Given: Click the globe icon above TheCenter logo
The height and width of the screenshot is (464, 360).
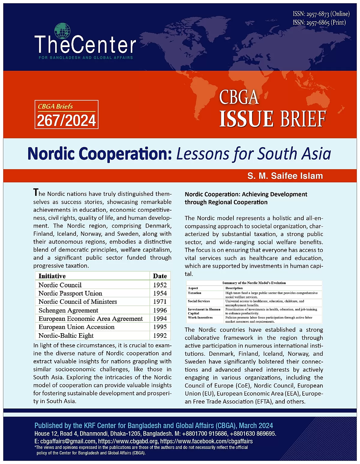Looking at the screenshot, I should pyautogui.click(x=62, y=31).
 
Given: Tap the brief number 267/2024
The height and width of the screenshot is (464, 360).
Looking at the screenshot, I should pyautogui.click(x=66, y=121).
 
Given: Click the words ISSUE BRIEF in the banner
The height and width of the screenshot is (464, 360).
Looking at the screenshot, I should pyautogui.click(x=272, y=119).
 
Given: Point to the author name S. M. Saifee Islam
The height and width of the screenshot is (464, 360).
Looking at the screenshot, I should pyautogui.click(x=285, y=176).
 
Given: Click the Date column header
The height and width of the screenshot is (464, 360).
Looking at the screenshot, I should pyautogui.click(x=160, y=276).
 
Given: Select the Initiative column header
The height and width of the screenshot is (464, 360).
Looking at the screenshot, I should pyautogui.click(x=52, y=276).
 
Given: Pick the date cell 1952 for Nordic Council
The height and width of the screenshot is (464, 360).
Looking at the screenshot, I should pyautogui.click(x=160, y=285).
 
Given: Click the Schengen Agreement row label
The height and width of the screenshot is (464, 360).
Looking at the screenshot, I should pyautogui.click(x=68, y=310).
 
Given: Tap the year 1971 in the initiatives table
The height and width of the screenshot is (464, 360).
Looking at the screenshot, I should pyautogui.click(x=160, y=302).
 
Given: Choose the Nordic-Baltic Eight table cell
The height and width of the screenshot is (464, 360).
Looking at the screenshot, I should pyautogui.click(x=66, y=336).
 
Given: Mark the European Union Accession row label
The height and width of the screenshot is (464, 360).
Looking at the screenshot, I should pyautogui.click(x=76, y=327).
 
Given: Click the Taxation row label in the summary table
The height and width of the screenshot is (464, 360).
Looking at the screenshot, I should pyautogui.click(x=194, y=293).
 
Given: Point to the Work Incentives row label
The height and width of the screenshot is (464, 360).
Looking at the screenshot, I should pyautogui.click(x=200, y=317).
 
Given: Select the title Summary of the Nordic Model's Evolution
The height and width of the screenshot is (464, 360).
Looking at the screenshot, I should pyautogui.click(x=254, y=283).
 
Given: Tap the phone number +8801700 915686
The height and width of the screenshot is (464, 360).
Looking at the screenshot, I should pyautogui.click(x=205, y=434).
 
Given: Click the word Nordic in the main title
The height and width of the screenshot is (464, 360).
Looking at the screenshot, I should pyautogui.click(x=51, y=154).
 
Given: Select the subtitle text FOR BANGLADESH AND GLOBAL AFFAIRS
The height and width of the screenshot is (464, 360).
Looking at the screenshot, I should pyautogui.click(x=86, y=58).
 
